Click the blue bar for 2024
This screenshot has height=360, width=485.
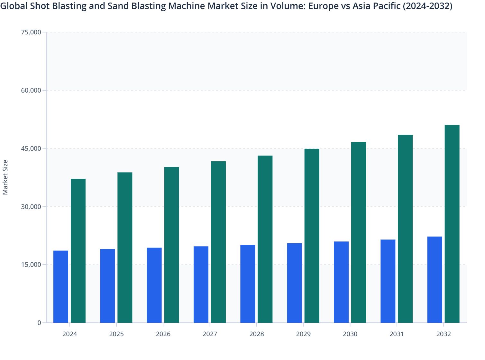61,286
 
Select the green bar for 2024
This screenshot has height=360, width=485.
78,251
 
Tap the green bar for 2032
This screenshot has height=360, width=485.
452,224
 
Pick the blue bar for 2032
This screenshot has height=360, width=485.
435,280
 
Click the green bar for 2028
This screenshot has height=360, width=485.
265,239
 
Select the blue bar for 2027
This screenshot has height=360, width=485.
201,284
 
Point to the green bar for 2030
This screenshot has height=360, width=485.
359,232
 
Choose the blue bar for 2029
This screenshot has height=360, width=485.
295,283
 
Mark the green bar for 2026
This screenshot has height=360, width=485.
172,245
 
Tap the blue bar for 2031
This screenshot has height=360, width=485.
388,281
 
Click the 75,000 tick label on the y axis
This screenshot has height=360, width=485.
31,32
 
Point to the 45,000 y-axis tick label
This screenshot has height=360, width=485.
31,148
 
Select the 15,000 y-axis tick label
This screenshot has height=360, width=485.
31,265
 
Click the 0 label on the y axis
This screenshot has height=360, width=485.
39,323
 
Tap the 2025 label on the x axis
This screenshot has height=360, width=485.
116,334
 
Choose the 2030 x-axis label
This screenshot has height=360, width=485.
350,334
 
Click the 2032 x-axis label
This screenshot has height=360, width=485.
444,334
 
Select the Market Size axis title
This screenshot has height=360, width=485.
5,177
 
